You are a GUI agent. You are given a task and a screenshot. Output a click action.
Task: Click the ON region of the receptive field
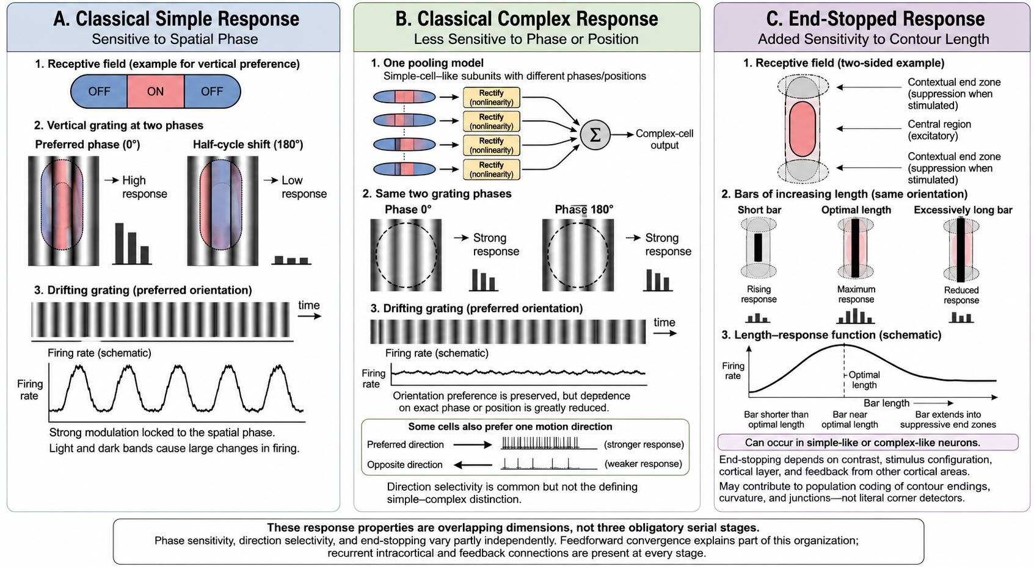click(156, 92)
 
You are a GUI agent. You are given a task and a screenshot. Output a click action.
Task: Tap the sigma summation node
click(595, 135)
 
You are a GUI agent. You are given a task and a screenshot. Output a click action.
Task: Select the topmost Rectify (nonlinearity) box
click(491, 97)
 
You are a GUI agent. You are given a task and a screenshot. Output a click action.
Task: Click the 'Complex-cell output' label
click(664, 139)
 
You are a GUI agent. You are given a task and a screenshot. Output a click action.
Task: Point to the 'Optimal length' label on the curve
click(864, 380)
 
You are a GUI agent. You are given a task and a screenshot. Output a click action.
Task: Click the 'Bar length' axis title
click(886, 403)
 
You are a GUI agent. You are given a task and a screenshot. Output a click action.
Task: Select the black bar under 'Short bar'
click(758, 247)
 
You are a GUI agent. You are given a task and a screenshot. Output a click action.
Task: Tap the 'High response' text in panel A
click(145, 187)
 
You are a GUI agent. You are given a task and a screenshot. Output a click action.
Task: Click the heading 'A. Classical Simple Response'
click(176, 19)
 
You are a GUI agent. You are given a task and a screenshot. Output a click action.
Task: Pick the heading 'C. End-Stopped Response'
click(875, 19)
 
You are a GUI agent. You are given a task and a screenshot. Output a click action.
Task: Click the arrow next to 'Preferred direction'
click(473, 445)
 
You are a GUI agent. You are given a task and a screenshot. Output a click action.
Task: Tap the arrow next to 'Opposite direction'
click(473, 465)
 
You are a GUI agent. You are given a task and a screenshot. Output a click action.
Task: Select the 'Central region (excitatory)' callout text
click(939, 130)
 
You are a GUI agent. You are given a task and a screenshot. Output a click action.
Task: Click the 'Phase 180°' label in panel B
click(584, 209)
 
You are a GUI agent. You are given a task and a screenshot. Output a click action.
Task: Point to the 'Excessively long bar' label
click(963, 210)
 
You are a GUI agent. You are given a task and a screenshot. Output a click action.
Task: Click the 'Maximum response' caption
click(856, 294)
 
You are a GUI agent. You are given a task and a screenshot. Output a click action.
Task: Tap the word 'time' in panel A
click(309, 305)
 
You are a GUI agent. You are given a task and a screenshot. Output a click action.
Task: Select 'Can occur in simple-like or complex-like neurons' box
click(868, 442)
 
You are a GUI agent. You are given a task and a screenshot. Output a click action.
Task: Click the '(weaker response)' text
click(643, 464)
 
